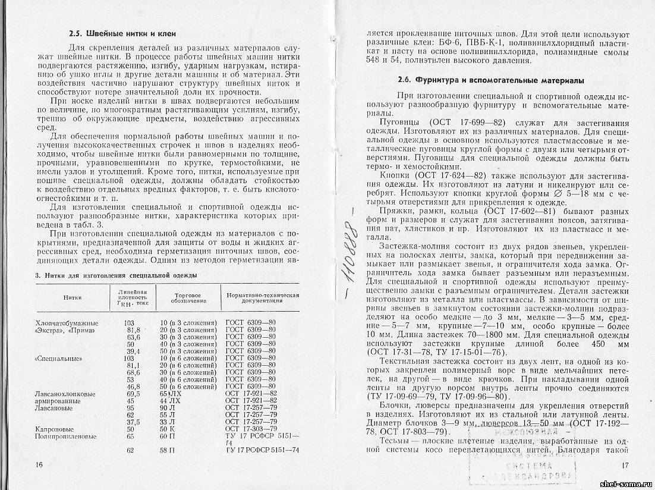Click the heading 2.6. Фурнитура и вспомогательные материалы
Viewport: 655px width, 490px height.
(x=491, y=80)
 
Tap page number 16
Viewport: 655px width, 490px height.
(x=39, y=463)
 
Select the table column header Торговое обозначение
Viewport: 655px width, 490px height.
(x=188, y=298)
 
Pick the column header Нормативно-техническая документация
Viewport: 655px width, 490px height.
(x=262, y=298)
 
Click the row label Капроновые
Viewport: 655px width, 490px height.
(x=54, y=429)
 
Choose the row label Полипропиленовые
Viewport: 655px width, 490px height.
(x=65, y=436)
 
